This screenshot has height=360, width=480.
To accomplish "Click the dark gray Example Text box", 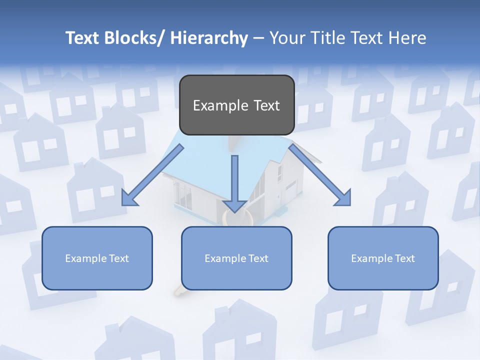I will (236, 105).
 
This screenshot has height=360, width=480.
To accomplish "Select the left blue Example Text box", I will (97, 258).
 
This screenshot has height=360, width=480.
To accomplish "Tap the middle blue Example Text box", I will (236, 258).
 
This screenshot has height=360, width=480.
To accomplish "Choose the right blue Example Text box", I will (383, 258).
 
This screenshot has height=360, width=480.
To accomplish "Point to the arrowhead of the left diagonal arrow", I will (129, 198).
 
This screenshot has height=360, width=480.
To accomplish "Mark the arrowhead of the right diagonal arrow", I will (342, 197).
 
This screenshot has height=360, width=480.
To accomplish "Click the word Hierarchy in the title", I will (209, 38).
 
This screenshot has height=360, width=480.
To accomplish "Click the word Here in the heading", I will (407, 38).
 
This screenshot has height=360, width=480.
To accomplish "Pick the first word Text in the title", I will (83, 38).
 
